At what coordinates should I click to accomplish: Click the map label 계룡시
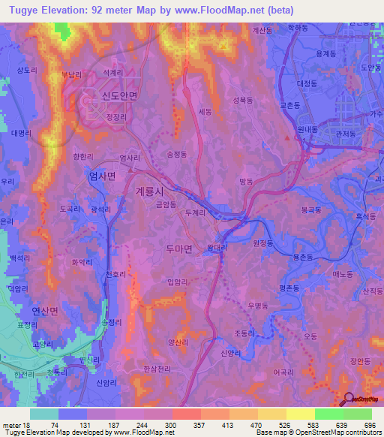point(152,191)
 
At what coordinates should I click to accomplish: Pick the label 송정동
point(178,153)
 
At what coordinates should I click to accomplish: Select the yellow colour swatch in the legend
point(300,414)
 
